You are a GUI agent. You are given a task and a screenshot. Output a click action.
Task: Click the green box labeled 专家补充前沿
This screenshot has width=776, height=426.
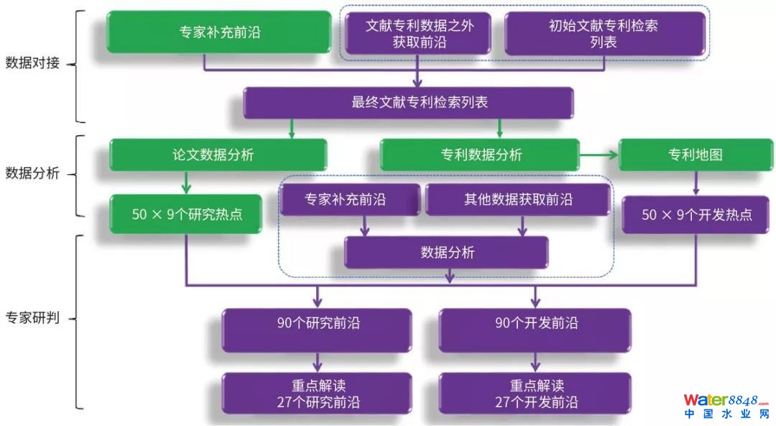220,32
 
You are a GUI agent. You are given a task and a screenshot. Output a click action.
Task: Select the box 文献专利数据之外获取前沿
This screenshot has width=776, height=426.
419,33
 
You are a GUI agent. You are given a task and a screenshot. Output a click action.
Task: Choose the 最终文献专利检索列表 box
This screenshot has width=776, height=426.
408,102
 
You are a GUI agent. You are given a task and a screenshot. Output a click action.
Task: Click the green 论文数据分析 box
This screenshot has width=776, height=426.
218,155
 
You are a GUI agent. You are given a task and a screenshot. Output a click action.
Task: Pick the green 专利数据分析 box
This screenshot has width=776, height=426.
479,155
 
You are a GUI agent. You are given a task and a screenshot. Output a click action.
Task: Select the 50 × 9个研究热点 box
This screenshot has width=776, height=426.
185,214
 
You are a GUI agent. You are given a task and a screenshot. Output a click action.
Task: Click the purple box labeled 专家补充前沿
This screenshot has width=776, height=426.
350,199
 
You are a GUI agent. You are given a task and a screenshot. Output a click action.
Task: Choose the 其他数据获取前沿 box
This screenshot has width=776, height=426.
517,199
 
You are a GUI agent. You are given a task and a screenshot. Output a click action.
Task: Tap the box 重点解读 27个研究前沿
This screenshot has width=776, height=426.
317,394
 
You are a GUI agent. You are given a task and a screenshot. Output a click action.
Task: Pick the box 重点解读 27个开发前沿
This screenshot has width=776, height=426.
535,394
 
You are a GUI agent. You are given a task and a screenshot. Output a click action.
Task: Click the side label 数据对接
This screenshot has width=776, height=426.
32,63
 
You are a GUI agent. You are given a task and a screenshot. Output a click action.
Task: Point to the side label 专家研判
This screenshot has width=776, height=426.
32,317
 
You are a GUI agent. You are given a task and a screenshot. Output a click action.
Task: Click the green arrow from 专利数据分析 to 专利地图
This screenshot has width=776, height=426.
598,154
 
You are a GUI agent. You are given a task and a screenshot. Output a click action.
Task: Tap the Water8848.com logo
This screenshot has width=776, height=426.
725,406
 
